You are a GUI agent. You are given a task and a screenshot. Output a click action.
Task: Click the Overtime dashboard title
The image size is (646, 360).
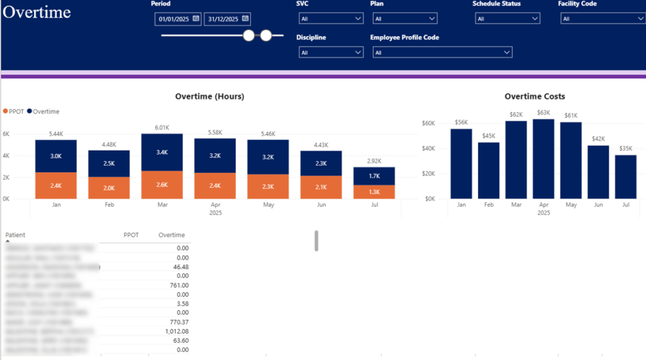click(x=37, y=12)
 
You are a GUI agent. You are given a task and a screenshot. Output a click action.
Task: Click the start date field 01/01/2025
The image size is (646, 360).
click(x=173, y=19)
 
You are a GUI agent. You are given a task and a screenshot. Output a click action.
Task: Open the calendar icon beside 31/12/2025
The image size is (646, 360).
click(x=245, y=19)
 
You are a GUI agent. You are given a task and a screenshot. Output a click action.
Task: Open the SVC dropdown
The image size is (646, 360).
click(x=330, y=19)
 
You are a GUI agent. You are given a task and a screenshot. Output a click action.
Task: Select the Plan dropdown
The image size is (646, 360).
click(x=404, y=19)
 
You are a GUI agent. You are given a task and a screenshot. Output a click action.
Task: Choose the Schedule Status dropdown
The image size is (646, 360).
click(x=507, y=19)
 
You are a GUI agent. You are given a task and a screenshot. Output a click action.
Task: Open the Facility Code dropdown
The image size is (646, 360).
click(x=602, y=19)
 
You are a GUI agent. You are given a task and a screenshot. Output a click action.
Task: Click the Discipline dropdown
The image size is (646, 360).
click(x=330, y=52)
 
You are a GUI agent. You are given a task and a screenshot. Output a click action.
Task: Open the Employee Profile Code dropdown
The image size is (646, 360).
click(x=442, y=52)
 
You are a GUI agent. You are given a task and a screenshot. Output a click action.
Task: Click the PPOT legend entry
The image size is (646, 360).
click(x=14, y=112)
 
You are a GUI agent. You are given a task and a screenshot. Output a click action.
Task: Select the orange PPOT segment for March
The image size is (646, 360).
click(x=162, y=185)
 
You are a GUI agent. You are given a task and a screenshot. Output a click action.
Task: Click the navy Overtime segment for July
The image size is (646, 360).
click(x=374, y=176)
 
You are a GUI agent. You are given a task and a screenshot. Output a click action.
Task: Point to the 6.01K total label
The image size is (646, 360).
click(x=162, y=127)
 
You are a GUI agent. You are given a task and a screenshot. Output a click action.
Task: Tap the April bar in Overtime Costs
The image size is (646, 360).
click(x=544, y=159)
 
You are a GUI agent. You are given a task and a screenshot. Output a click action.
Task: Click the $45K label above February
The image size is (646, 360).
click(x=488, y=136)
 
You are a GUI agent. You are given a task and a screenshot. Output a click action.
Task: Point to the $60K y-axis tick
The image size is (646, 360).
click(x=429, y=123)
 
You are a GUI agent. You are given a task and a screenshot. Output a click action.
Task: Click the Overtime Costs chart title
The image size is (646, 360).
click(x=535, y=96)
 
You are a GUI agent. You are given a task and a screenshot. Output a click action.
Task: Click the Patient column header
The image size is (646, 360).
click(x=16, y=235)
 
